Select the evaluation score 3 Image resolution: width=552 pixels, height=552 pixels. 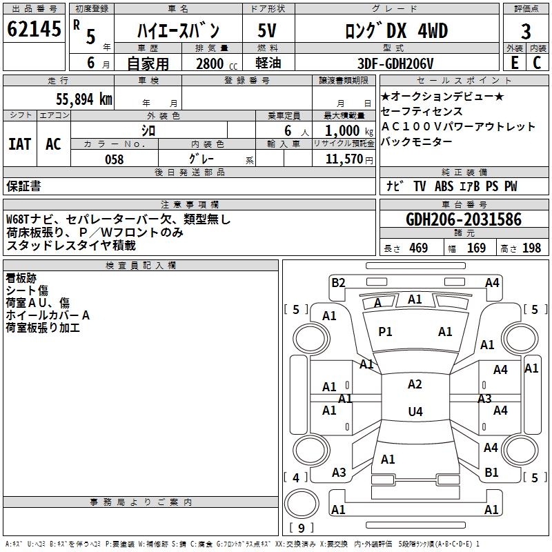point(526,31)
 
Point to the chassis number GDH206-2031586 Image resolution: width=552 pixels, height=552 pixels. point(464,219)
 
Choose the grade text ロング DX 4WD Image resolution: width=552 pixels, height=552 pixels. point(396,31)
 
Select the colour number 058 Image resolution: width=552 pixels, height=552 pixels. point(114,159)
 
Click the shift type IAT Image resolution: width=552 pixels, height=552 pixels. point(20,144)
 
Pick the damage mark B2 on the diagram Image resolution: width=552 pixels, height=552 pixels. point(338,282)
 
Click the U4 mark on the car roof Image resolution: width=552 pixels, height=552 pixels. point(415,412)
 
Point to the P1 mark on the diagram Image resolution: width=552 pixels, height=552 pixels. point(385,332)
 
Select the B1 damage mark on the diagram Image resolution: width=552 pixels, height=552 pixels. point(491,473)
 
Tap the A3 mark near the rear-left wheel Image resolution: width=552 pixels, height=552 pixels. point(339,473)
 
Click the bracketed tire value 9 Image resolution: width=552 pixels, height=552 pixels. point(302,529)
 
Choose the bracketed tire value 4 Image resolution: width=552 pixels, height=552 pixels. point(296,477)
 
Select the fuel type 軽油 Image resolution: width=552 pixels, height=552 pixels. point(268,63)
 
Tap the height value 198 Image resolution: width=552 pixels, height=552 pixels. point(532,248)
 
